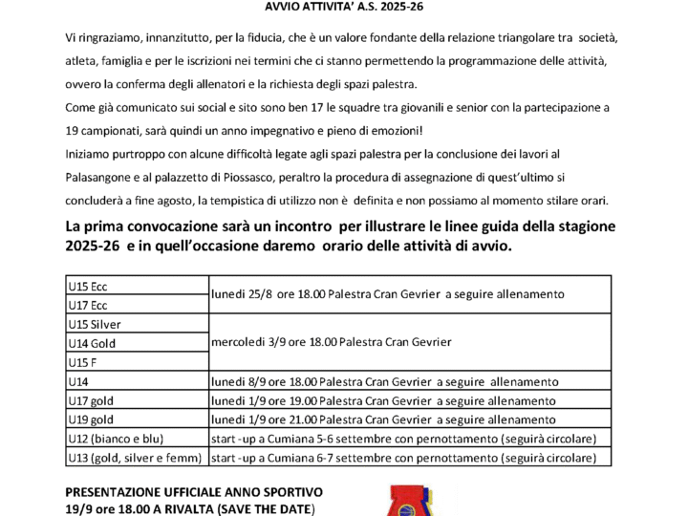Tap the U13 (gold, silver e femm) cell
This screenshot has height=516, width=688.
(137, 458)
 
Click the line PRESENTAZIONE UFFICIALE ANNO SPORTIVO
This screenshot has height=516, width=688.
(194, 491)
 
